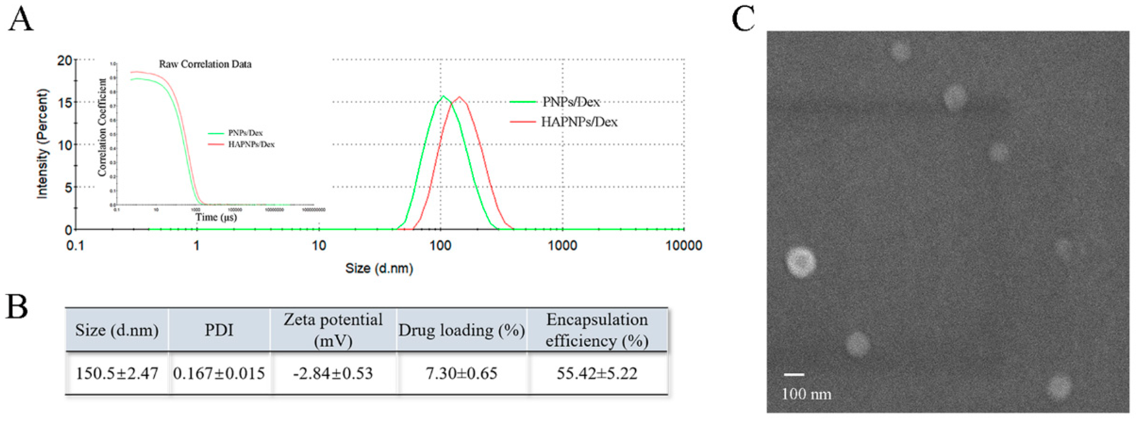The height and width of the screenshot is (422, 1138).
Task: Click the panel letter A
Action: tap(20, 20)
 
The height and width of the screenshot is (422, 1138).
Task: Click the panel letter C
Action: tap(743, 20)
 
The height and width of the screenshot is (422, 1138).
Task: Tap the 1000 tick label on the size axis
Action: tap(562, 246)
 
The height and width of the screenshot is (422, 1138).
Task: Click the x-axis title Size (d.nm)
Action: tap(379, 268)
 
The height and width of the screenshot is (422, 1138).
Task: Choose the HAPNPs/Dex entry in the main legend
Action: tap(579, 122)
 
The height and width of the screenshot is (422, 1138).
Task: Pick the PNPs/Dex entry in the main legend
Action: tap(571, 102)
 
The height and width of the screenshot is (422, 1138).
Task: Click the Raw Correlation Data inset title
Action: tap(205, 65)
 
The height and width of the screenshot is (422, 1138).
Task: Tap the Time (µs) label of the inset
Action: tap(216, 217)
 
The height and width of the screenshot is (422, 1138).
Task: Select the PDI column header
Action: tap(219, 330)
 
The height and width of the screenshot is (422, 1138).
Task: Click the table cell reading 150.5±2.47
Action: tap(116, 373)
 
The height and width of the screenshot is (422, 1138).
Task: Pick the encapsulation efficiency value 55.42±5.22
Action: tap(597, 373)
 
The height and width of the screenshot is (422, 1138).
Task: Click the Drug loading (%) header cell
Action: tap(461, 330)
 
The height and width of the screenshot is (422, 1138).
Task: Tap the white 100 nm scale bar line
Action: tap(794, 374)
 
